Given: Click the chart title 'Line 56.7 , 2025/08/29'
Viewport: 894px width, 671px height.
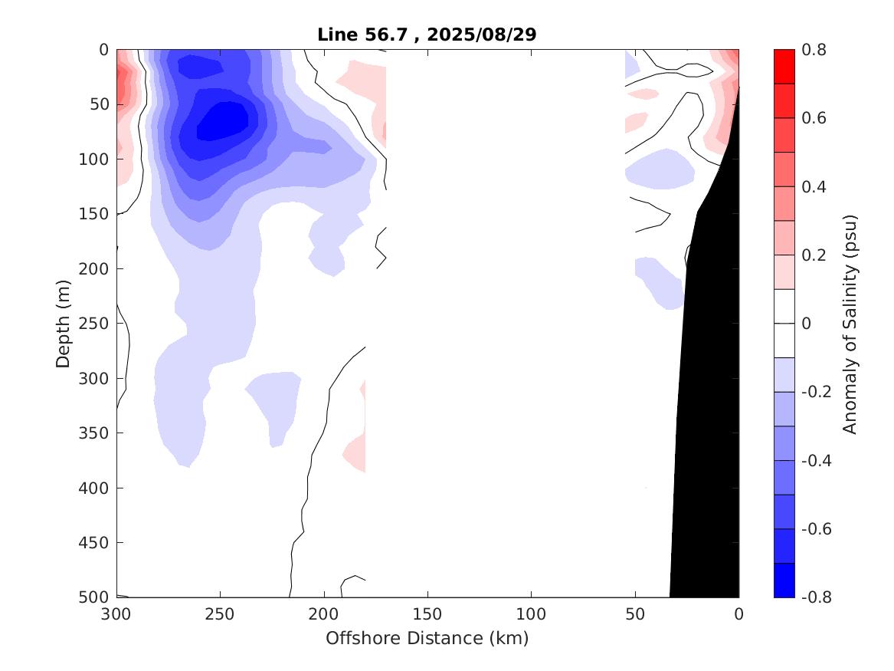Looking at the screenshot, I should point(427,35).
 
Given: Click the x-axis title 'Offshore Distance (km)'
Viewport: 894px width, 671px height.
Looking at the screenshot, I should point(427,638).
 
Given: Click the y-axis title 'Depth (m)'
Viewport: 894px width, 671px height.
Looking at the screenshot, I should point(64,323).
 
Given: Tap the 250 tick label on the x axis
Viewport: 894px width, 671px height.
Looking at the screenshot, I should point(220,615).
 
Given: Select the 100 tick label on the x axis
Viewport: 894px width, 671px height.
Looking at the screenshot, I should point(531,615).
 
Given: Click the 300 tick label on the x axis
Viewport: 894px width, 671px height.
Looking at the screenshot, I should point(116,615).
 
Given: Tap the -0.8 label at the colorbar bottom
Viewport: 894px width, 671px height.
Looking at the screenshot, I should point(815,597).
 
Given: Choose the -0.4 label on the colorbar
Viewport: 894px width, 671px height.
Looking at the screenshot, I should point(815,460).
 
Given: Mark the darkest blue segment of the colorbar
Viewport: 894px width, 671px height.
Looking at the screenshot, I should point(784,580).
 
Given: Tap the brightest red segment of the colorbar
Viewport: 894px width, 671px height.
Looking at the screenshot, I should point(784,67).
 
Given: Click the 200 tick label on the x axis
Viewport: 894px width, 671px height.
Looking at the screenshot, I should point(324,615).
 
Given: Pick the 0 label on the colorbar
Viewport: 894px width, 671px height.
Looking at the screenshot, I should point(806,324).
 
